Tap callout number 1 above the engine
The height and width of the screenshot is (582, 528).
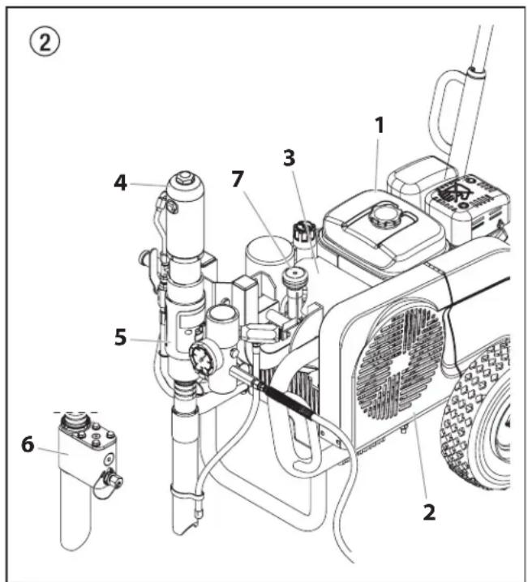378,125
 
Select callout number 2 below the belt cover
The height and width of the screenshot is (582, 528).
429,511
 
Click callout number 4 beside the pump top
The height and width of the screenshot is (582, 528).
120,183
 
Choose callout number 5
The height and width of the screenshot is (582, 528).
121,337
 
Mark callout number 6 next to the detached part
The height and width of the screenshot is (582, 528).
28,444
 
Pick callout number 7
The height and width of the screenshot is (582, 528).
237,180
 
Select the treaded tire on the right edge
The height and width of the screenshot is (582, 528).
483,422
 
